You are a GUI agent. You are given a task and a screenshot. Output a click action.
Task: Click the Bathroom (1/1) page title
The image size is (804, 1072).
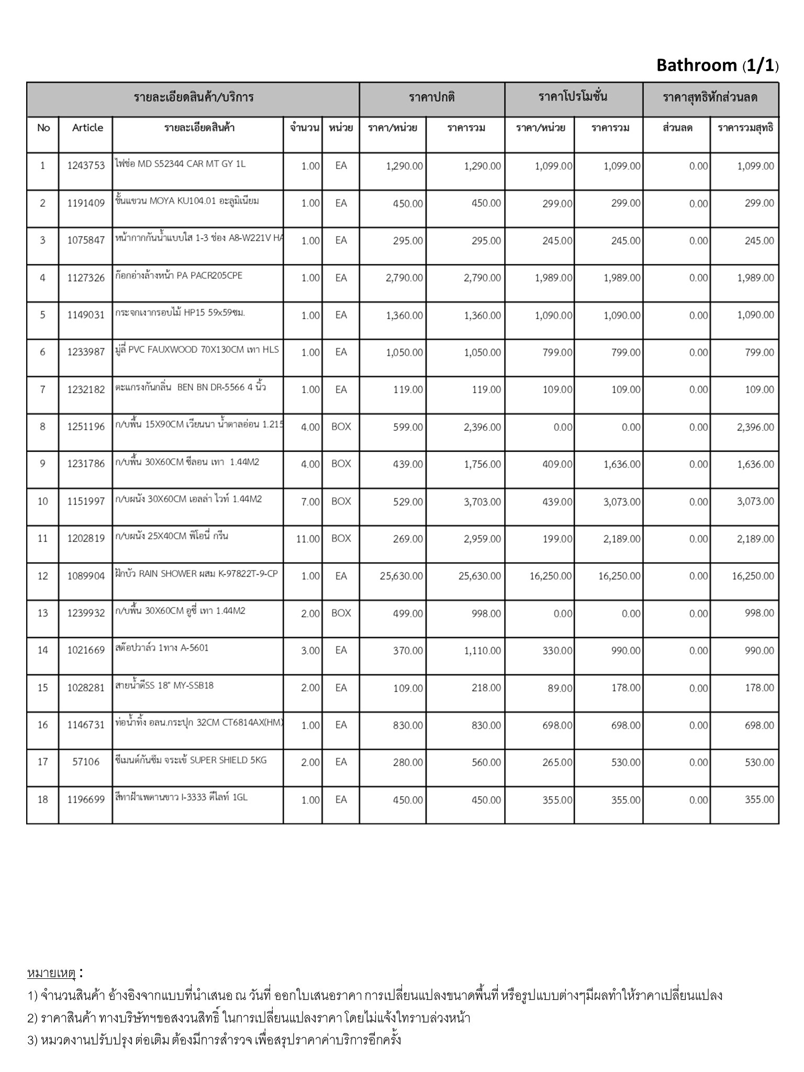click(x=717, y=65)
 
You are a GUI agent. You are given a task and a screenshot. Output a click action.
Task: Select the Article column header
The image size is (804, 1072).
click(x=87, y=128)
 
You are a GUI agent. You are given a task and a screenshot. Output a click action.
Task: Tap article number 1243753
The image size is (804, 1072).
click(x=86, y=166)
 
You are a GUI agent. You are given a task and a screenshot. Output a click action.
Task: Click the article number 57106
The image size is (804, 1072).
click(x=86, y=762)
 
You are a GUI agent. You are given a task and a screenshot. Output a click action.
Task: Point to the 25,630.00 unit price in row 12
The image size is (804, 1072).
click(x=401, y=576)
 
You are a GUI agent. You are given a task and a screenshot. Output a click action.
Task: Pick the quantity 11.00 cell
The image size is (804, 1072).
click(x=308, y=539)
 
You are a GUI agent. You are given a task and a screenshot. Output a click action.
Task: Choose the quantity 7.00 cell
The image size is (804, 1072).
click(x=310, y=502)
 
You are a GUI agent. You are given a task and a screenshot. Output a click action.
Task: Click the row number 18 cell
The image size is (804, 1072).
click(x=43, y=800)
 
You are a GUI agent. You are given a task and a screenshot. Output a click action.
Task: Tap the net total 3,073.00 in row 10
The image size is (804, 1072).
click(x=755, y=502)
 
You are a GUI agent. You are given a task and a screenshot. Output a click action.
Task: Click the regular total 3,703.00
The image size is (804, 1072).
click(x=482, y=502)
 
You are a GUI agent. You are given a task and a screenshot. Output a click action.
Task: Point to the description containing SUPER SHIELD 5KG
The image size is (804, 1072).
click(x=191, y=760)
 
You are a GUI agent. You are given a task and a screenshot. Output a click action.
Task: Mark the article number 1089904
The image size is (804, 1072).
click(x=86, y=576)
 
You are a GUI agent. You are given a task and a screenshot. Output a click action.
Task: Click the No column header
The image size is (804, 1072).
click(x=43, y=128)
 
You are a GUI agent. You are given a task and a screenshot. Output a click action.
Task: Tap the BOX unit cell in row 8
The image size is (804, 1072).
click(x=341, y=427)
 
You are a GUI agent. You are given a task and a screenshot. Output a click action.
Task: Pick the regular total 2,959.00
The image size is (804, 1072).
click(x=482, y=539)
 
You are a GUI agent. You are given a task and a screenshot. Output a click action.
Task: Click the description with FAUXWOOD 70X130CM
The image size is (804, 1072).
click(x=197, y=350)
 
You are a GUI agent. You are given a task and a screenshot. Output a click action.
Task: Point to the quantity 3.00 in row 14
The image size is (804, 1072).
click(x=310, y=651)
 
